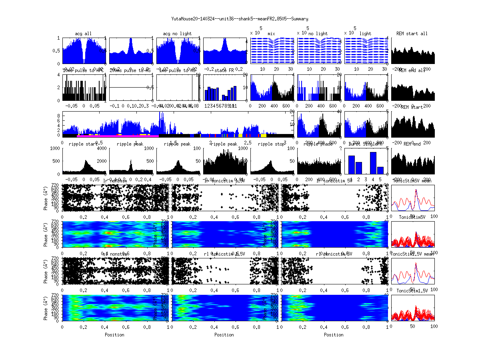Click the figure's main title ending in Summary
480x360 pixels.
(240, 19)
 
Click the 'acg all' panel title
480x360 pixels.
(84, 34)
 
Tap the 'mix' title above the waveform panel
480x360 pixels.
(272, 34)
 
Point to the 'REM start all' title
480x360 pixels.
(412, 34)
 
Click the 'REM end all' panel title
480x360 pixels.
(412, 71)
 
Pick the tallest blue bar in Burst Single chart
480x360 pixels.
(373, 163)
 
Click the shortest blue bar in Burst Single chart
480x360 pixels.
(380, 170)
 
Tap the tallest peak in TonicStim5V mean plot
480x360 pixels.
(416, 190)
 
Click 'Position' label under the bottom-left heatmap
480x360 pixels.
(114, 335)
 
